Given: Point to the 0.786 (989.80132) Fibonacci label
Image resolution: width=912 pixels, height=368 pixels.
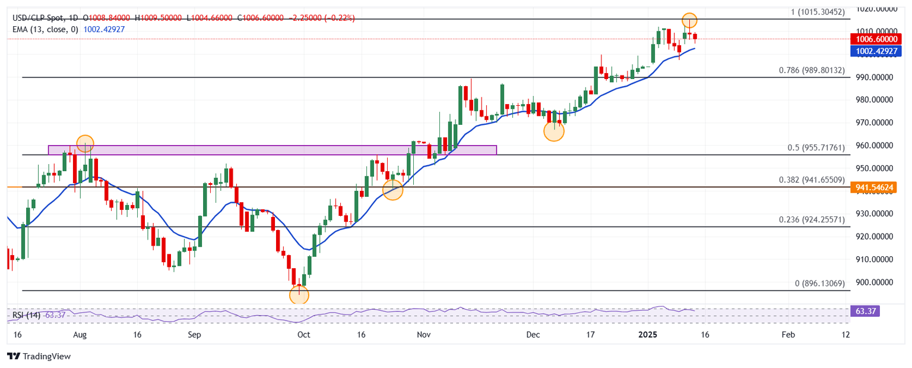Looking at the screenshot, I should [x=810, y=70].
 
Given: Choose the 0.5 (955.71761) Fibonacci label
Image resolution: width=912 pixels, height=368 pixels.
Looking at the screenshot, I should [x=810, y=147].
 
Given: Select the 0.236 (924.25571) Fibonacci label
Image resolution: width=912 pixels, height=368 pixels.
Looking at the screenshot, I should [x=810, y=220].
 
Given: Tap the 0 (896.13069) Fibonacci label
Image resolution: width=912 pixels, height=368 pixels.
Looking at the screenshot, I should [x=819, y=284].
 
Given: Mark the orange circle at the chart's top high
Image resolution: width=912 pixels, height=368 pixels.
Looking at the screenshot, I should [x=689, y=20].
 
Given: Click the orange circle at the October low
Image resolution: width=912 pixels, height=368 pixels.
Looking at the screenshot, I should [x=299, y=294].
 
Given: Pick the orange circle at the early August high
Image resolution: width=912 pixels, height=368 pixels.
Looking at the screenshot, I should [x=85, y=143].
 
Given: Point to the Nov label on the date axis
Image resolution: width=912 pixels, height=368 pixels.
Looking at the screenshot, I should [x=423, y=335].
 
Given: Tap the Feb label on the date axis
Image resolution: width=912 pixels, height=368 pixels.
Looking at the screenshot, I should [x=787, y=335].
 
